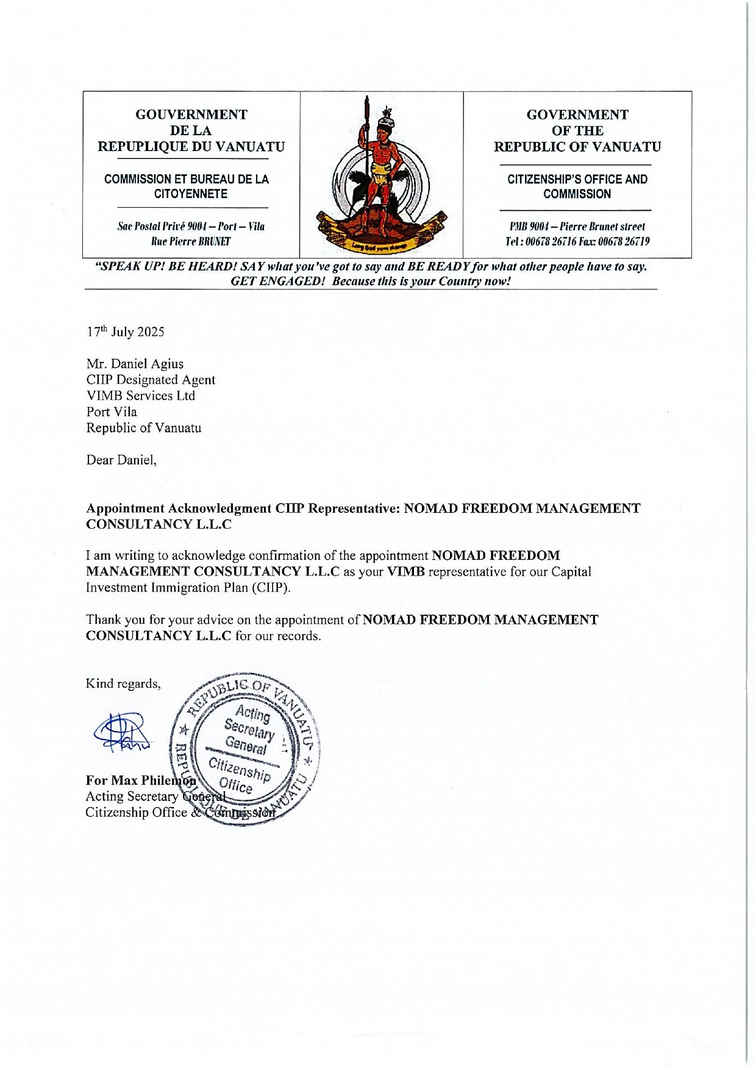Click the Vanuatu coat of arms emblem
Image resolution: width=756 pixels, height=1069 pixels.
point(381,175)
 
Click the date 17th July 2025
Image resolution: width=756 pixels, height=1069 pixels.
point(125,332)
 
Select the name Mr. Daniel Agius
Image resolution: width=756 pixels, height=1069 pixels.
point(135,364)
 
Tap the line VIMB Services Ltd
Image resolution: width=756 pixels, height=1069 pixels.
point(140,396)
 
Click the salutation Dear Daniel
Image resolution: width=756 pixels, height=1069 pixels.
point(121,460)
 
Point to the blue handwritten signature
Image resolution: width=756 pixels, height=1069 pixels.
point(121,732)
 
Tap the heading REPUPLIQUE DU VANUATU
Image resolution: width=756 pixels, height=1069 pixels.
point(191,147)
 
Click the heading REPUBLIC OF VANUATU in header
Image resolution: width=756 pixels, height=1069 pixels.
point(577,147)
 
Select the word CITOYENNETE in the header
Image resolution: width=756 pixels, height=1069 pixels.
point(191,194)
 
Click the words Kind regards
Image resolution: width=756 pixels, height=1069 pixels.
point(123,683)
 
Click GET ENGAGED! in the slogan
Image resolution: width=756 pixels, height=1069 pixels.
point(278,281)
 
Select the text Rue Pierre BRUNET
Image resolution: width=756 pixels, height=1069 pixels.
point(191,242)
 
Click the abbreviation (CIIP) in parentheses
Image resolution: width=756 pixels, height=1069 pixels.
point(271,588)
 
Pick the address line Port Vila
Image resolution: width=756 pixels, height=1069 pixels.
point(112,412)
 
